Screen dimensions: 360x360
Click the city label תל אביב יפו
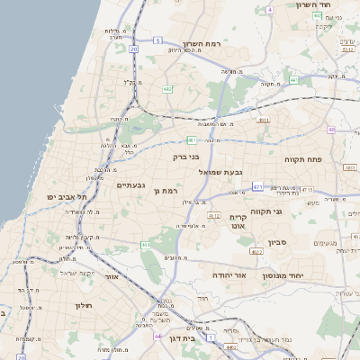point(68,196)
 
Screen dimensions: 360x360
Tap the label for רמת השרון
point(202,44)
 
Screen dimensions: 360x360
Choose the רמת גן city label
point(168,191)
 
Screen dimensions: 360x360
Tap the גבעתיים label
point(131,184)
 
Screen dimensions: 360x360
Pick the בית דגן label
point(182,338)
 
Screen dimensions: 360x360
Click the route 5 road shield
point(157,40)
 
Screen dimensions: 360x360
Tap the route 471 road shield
point(256,186)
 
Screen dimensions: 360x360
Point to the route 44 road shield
point(157,336)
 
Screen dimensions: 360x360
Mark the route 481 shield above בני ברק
point(192,139)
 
